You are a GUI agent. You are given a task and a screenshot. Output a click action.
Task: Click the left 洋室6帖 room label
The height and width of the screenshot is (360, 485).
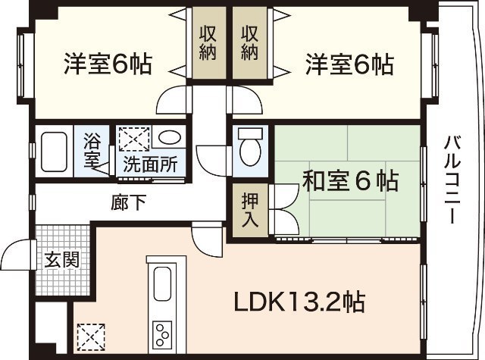click(x=106, y=64)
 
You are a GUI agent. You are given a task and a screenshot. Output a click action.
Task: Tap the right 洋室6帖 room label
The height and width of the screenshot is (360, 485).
click(x=349, y=64)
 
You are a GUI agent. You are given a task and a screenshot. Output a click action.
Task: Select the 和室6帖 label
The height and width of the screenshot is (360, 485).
click(x=350, y=182)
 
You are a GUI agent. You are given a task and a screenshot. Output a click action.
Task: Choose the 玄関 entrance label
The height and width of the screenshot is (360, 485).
click(x=61, y=259)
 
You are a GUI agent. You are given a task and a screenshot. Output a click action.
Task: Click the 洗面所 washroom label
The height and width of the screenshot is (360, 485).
click(x=149, y=164)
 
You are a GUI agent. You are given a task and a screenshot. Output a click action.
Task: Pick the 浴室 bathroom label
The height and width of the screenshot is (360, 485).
click(x=92, y=150)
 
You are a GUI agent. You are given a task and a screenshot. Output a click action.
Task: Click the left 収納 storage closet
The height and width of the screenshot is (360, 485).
click(x=209, y=43)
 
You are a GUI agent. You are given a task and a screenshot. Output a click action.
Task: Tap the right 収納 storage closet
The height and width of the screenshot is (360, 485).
click(x=251, y=43)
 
